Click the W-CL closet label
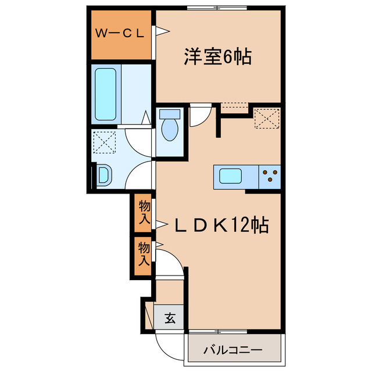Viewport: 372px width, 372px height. (x=120, y=34)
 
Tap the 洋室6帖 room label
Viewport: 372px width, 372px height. (x=217, y=57)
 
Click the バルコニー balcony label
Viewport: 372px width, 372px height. (x=233, y=350)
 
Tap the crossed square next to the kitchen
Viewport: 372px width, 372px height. (x=267, y=118)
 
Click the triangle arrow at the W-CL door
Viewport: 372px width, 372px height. (x=156, y=33)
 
